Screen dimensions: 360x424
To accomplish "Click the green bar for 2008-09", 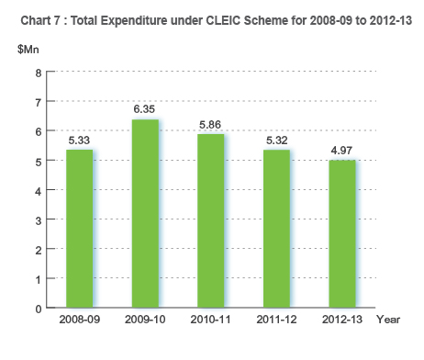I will [80, 229].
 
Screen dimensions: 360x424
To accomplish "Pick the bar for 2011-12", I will [276, 229].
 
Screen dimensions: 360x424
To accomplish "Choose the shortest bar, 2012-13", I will [341, 234].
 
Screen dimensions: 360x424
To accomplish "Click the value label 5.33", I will [80, 141].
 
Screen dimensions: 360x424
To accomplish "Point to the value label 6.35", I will [145, 110].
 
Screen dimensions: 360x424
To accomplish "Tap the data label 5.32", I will [276, 141].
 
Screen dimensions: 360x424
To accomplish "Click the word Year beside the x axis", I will [388, 320].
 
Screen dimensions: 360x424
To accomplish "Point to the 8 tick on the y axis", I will [38, 73].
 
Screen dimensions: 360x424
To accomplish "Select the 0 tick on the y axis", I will [38, 309].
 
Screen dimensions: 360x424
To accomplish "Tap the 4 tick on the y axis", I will [38, 190].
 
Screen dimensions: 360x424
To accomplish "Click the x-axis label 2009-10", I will [145, 320].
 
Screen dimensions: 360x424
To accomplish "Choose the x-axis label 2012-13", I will [341, 320].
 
